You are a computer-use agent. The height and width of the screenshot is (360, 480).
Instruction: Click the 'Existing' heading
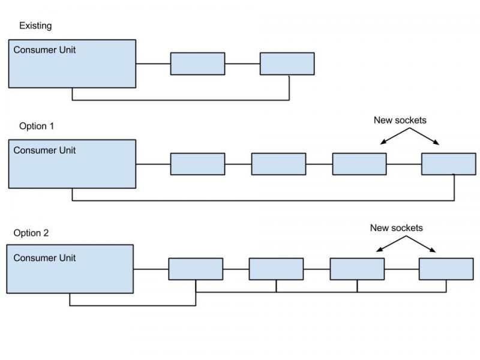pyautogui.click(x=35, y=26)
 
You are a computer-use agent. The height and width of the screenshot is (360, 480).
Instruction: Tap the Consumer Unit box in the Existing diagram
pyautogui.click(x=72, y=69)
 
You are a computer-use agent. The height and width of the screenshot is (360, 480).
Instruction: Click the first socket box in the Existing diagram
pyautogui.click(x=197, y=64)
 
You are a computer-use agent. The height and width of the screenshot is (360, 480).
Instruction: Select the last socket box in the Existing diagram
pyautogui.click(x=287, y=64)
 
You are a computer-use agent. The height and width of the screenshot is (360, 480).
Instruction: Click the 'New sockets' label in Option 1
pyautogui.click(x=400, y=120)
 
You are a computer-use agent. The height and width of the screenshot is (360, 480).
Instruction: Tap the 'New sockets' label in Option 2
pyautogui.click(x=396, y=228)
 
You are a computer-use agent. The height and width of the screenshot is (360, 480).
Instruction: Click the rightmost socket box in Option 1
pyautogui.click(x=448, y=164)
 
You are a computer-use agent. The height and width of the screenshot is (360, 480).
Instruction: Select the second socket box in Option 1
pyautogui.click(x=278, y=164)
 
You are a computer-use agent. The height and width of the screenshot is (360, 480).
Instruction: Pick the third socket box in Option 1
pyautogui.click(x=359, y=164)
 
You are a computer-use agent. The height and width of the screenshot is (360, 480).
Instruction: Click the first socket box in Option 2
pyautogui.click(x=196, y=269)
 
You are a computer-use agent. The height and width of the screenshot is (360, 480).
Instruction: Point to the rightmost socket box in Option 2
pyautogui.click(x=446, y=269)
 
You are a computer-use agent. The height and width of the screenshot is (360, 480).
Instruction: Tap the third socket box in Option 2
pyautogui.click(x=357, y=269)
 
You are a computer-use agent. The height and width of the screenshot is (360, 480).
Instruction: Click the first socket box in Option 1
pyautogui.click(x=197, y=164)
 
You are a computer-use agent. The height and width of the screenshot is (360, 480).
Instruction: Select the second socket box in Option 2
pyautogui.click(x=276, y=269)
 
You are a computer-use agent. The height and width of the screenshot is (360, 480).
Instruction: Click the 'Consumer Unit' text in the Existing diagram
pyautogui.click(x=44, y=50)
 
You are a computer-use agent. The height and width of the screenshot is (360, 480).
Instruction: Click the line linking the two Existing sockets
pyautogui.click(x=242, y=63)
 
